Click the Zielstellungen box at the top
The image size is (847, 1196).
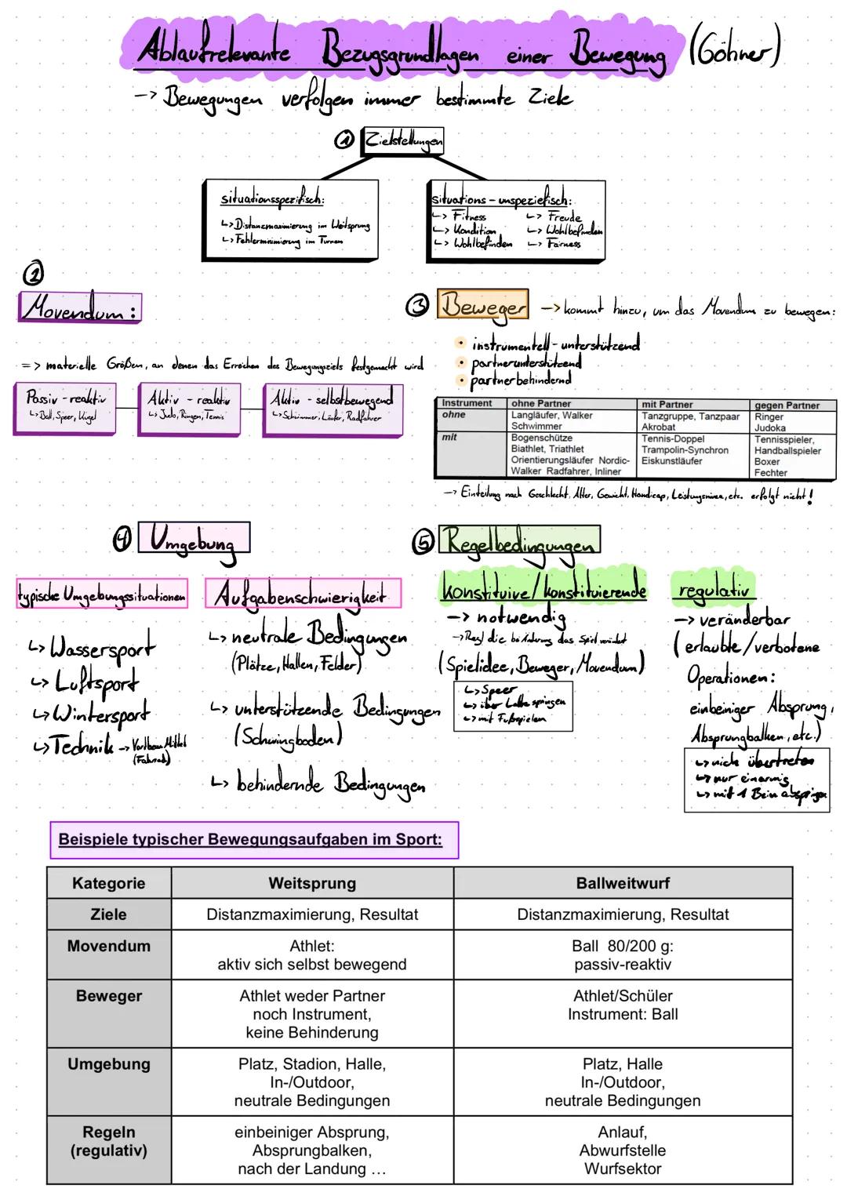coord(402,141)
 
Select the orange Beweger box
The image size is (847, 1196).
coord(482,305)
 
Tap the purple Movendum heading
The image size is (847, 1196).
coord(78,307)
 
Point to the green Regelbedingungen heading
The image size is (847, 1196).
coord(519,540)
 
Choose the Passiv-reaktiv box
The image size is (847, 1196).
coord(65,405)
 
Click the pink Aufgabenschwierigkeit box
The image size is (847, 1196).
coord(303,594)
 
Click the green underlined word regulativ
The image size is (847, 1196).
coord(712,589)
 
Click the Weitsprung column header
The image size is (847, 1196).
coord(312,883)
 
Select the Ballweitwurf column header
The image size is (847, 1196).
coord(623,883)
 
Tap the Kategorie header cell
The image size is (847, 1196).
coord(109,883)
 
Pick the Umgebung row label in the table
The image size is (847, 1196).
coord(109,1064)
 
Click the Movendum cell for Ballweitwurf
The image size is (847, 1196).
coord(623,954)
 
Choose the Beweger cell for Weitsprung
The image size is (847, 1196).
coord(312,1014)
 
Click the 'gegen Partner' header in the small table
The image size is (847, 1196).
coord(787,405)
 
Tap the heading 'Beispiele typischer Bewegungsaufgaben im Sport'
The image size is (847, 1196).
coord(251,839)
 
